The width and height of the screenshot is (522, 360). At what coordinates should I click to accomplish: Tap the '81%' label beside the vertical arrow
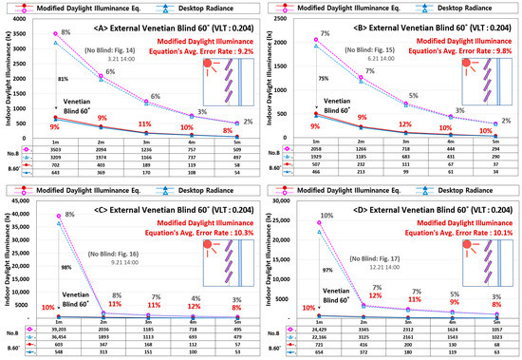[x=64, y=79]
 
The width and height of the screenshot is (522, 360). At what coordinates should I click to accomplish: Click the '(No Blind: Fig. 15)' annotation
[x=372, y=49]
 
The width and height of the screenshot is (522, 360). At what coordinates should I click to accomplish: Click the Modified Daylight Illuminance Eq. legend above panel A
[x=71, y=9]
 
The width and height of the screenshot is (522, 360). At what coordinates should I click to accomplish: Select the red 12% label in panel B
[x=404, y=124]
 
